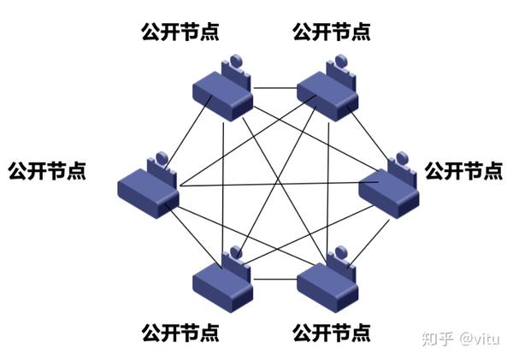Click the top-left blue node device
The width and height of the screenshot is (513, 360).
coord(221,93)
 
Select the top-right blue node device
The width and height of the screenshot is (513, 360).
coord(326,93)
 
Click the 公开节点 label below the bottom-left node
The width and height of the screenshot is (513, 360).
coord(180,330)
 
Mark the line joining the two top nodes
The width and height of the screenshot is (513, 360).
coord(274,87)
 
